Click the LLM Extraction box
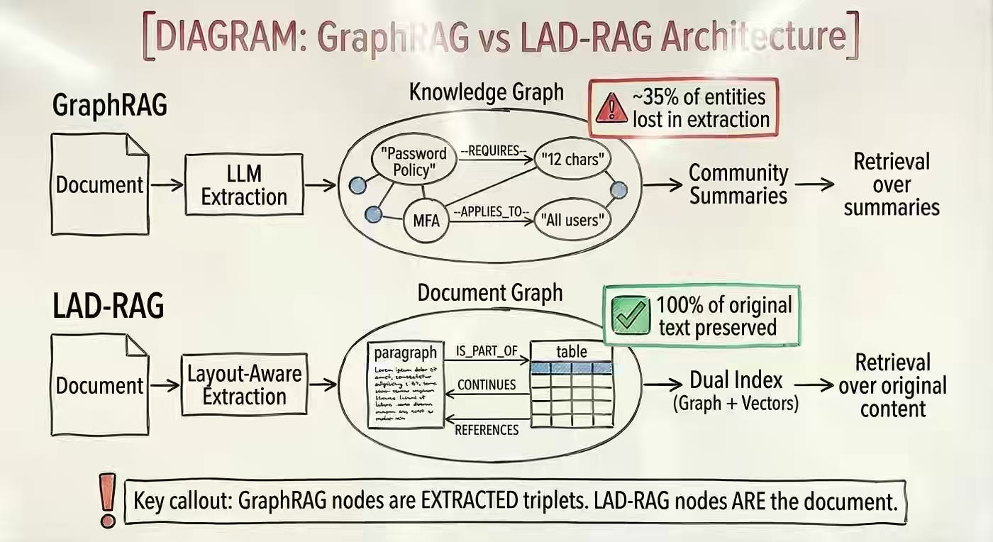click(244, 184)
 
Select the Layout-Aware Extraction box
click(244, 385)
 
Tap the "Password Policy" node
click(414, 162)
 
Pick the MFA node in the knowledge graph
click(426, 220)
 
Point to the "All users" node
click(574, 220)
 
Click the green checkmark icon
click(630, 315)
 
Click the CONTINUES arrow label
click(487, 385)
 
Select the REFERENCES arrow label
click(487, 429)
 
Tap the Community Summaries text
click(738, 184)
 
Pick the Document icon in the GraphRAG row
click(100, 184)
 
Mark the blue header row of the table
click(571, 368)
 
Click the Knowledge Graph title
click(486, 92)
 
